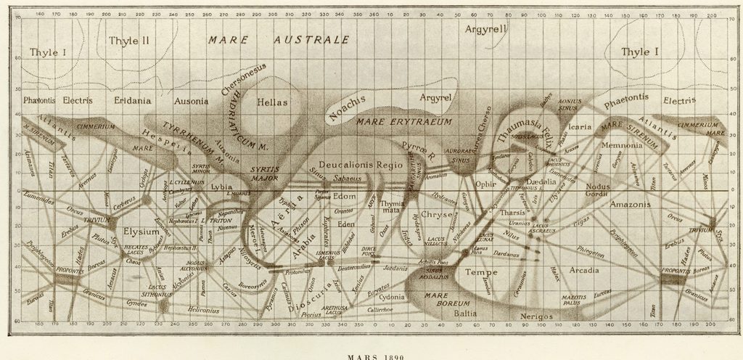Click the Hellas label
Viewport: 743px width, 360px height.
[x=273, y=104]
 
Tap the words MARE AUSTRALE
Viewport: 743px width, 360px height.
[x=279, y=40]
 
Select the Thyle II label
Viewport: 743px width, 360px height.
[x=128, y=41]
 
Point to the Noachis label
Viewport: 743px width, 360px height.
[x=348, y=107]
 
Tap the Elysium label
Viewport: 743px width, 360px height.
[x=141, y=232]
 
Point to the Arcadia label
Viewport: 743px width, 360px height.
[x=583, y=270]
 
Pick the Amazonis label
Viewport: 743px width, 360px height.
[x=633, y=205]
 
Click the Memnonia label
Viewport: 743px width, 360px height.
[x=623, y=145]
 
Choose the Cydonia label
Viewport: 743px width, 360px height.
[x=392, y=298]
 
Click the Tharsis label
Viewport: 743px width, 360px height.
[x=512, y=213]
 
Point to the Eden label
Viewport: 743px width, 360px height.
[x=346, y=225]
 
